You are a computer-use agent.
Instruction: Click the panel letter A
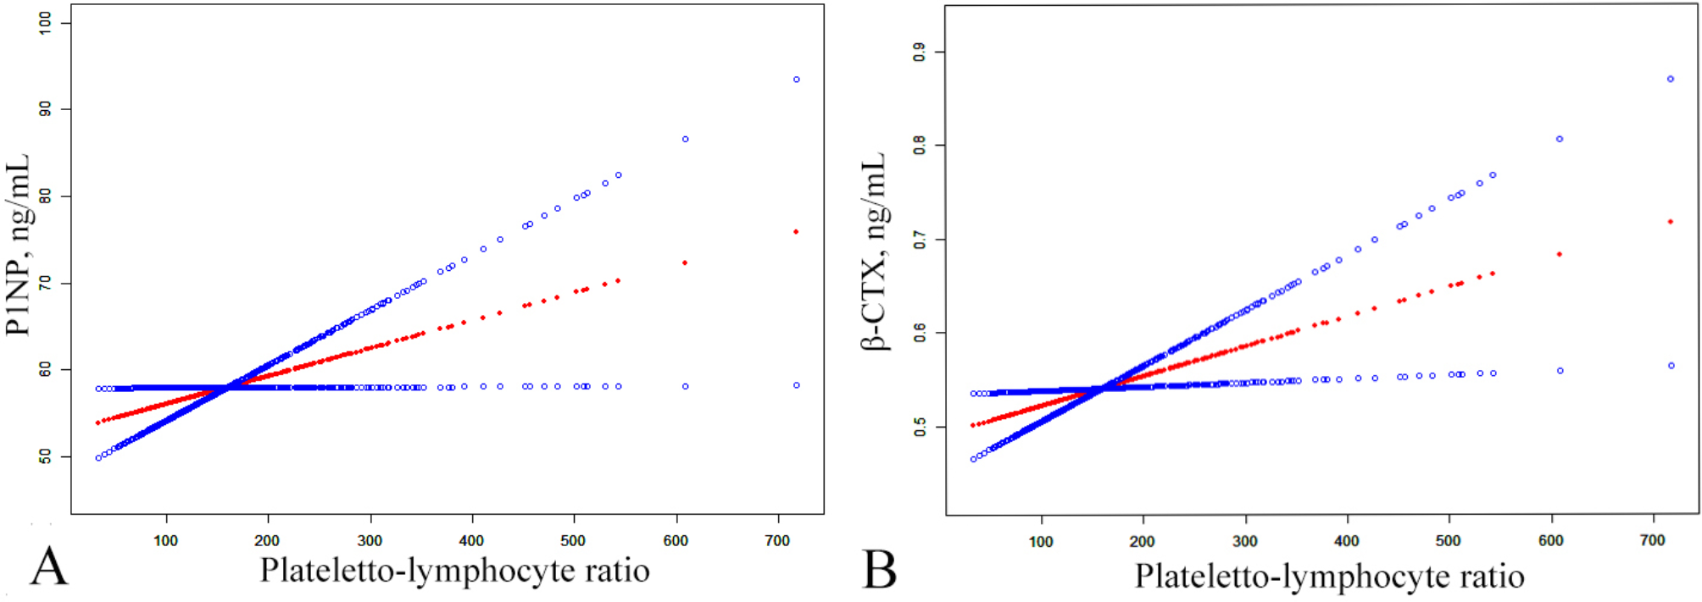coord(48,566)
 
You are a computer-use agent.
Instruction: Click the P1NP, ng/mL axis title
coord(19,245)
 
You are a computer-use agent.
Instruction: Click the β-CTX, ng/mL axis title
coord(874,251)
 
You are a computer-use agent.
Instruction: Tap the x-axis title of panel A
coord(454,571)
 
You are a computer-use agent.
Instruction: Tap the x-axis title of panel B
coord(1329,577)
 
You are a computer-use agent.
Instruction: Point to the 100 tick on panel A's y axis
coord(45,23)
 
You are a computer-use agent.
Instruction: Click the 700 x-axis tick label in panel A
coord(777,540)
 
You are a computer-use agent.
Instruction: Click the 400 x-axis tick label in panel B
coord(1346,541)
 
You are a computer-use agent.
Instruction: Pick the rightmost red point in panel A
coord(795,231)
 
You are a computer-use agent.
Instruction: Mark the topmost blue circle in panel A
coord(796,80)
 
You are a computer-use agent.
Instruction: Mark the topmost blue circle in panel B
coord(1671,79)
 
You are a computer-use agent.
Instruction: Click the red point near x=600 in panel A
coord(685,262)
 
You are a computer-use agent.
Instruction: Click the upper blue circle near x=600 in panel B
coord(1560,139)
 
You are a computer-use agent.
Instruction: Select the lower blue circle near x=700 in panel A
coord(796,385)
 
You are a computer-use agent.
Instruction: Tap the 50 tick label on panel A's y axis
coord(45,456)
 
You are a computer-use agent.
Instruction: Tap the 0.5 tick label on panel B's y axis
coord(920,428)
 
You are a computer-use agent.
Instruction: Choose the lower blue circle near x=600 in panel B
coord(1560,371)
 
